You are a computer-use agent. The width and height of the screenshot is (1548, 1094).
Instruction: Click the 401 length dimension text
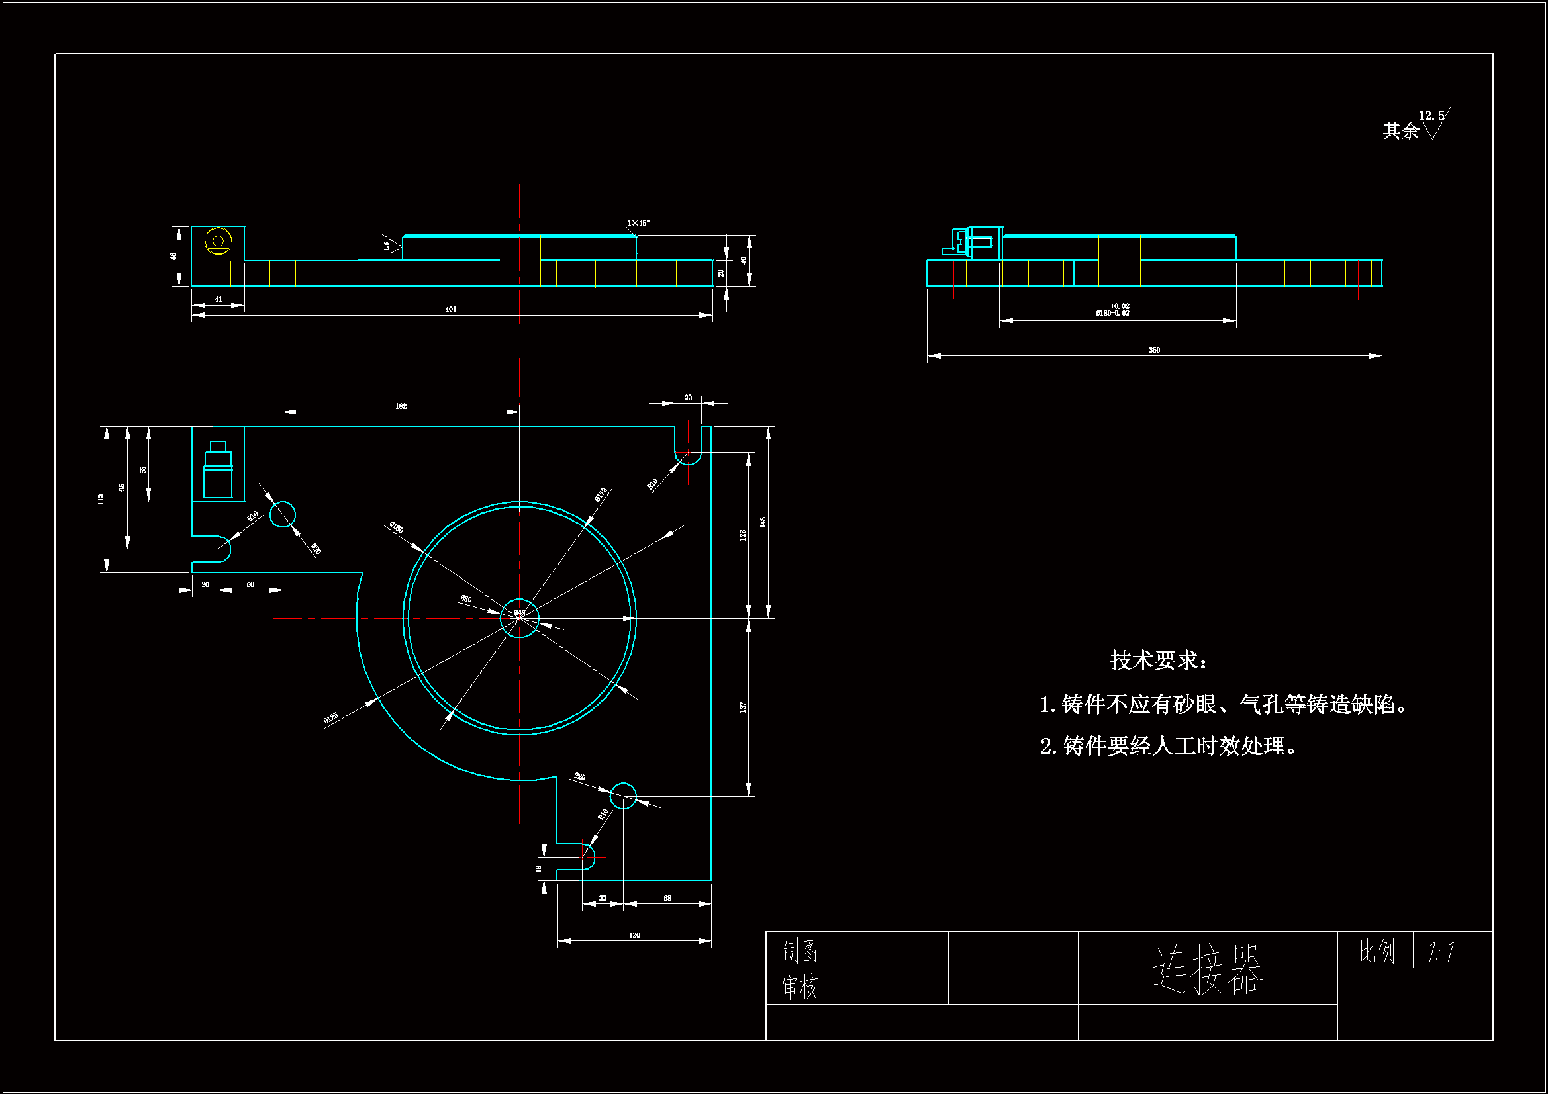pos(451,309)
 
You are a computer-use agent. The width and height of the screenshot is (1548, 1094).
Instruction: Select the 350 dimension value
pos(1154,351)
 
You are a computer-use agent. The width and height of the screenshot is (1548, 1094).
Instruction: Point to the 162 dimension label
pos(401,406)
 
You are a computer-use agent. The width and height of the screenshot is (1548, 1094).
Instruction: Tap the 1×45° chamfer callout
pos(638,223)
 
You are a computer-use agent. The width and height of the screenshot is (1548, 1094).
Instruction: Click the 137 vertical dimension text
pos(742,707)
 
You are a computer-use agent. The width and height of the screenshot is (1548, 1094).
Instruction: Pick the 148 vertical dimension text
pos(763,522)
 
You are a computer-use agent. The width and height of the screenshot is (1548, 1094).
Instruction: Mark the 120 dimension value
pos(634,935)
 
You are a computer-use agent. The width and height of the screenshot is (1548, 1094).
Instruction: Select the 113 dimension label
pos(101,500)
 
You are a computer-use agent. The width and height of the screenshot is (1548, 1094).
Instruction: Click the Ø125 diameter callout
pos(330,719)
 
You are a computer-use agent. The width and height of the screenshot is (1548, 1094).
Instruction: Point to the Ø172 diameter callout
pos(601,496)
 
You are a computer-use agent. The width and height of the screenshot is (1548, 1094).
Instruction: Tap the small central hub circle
pos(519,617)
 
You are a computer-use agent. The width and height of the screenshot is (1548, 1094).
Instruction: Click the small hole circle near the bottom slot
pos(623,796)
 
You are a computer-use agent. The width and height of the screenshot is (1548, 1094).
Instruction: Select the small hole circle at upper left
pos(283,515)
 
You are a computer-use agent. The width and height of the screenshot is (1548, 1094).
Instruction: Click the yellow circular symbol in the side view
pos(218,242)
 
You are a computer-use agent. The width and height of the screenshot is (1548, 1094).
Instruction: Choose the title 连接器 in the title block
pos(1207,970)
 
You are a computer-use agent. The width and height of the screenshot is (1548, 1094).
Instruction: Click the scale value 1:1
pos(1441,952)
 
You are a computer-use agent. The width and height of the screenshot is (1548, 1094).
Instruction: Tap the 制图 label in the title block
pos(800,951)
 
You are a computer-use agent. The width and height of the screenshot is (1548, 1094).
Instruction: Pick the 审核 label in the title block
pos(800,987)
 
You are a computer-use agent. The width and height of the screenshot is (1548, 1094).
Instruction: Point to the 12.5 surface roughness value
pos(1431,116)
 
